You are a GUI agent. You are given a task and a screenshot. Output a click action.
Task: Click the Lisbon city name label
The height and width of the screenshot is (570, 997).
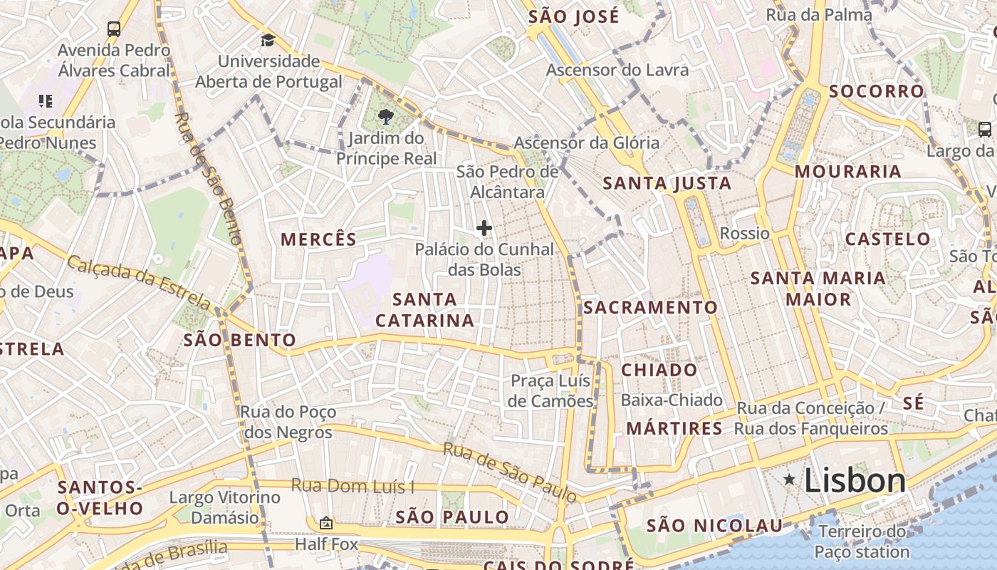855,481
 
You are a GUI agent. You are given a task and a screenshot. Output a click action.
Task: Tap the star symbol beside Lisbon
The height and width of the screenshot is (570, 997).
789,480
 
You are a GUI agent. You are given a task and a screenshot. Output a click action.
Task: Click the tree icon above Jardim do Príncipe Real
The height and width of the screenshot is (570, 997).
386,116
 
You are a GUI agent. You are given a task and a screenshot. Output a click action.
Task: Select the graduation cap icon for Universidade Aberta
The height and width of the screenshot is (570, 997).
268,40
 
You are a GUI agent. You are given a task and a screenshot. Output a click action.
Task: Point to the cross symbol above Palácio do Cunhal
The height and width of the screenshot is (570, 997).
484,228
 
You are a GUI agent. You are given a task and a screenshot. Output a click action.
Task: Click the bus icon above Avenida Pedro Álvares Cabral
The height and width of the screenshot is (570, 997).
114,29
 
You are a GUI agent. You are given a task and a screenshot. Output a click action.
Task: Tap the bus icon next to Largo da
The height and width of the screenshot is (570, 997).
985,130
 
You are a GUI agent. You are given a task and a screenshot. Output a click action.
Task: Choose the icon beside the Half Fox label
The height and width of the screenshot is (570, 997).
326,524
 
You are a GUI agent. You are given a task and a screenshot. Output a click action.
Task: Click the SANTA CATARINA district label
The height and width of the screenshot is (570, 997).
425,310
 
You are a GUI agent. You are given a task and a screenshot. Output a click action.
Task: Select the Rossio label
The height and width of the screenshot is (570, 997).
745,234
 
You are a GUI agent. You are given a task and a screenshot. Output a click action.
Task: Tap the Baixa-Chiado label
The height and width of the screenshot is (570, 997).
672,400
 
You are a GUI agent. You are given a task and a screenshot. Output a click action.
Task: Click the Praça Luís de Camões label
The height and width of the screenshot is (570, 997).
551,391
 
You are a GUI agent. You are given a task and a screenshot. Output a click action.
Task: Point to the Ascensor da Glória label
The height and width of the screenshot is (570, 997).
587,142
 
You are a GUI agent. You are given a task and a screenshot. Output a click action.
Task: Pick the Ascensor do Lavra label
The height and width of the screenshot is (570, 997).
617,70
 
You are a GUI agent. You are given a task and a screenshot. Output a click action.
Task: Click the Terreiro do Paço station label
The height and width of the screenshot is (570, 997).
862,541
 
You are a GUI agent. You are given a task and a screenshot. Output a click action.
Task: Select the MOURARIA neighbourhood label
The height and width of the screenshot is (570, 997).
848,172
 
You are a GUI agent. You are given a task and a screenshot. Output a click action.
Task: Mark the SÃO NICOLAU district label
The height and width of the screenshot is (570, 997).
714,527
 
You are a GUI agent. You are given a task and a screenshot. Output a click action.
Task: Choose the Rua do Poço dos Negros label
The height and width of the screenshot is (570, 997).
288,422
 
